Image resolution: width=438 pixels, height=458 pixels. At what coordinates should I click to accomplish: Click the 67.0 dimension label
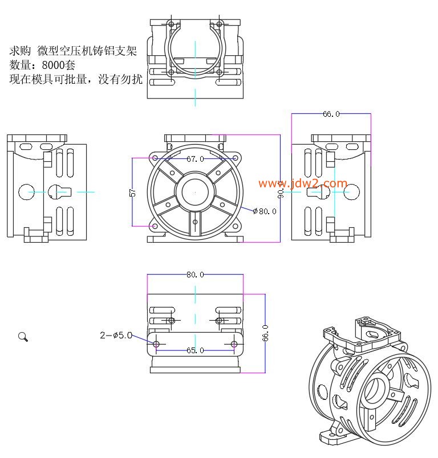pyautogui.click(x=195, y=159)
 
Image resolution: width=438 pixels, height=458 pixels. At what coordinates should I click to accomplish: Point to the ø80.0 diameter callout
pyautogui.click(x=265, y=211)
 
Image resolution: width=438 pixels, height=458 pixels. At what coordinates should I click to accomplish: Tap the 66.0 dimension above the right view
pyautogui.click(x=331, y=114)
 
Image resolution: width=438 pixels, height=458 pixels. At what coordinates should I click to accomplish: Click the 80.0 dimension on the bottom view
pyautogui.click(x=195, y=275)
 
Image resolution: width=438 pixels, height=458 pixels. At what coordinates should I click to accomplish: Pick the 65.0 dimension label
pyautogui.click(x=195, y=350)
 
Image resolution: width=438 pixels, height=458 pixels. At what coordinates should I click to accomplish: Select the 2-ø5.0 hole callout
pyautogui.click(x=116, y=336)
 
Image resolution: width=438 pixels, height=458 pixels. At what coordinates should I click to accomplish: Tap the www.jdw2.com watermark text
pyautogui.click(x=303, y=183)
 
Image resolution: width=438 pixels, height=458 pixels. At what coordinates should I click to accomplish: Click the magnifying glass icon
pyautogui.click(x=23, y=337)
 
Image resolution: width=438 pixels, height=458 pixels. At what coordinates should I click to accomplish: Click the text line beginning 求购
pyautogui.click(x=73, y=51)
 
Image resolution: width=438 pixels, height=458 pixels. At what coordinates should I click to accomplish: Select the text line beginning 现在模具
pyautogui.click(x=76, y=80)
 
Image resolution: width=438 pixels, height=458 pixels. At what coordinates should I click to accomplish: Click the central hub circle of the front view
pyautogui.click(x=195, y=193)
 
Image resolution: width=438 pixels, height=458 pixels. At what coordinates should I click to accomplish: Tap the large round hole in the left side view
pyautogui.click(x=26, y=192)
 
